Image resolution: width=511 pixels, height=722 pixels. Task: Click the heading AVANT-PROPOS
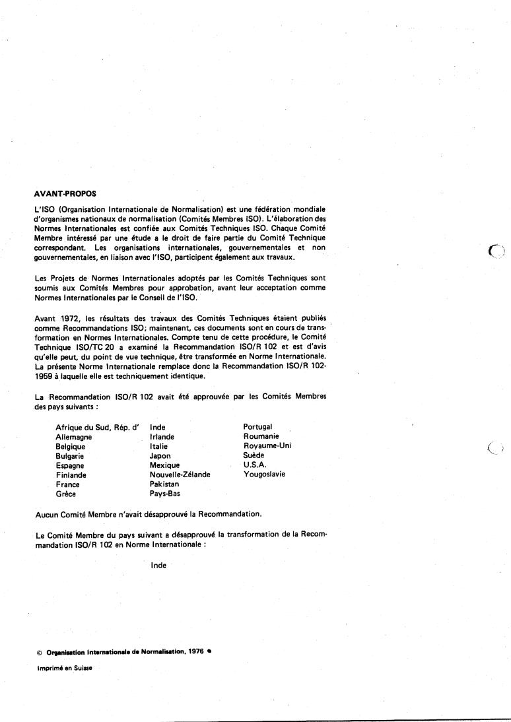coord(65,193)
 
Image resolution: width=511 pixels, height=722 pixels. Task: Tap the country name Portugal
coord(257,427)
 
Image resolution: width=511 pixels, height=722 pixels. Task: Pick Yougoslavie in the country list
coord(264,474)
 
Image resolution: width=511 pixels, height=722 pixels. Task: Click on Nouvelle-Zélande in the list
coord(180,475)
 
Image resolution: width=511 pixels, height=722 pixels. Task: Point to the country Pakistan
coord(164,484)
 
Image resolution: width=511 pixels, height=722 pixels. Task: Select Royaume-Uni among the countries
coord(267,445)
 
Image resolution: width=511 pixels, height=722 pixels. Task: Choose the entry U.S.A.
coord(255,465)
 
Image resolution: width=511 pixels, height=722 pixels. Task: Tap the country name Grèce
coord(67,493)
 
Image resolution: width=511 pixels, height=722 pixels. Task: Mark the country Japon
coord(160,455)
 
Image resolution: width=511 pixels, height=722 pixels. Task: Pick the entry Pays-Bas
coord(165,493)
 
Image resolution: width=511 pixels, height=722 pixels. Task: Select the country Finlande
coord(71,475)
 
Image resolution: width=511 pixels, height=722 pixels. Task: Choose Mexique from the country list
coord(165,465)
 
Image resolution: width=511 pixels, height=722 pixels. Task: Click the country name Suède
coord(254,455)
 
